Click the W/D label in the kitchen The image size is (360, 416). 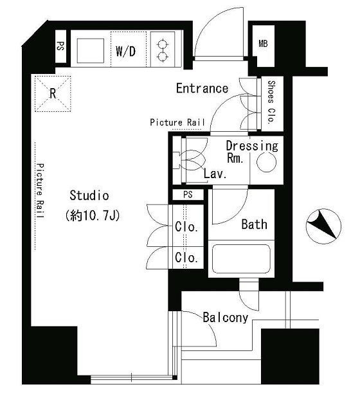(125, 51)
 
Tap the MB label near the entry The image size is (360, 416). (263, 44)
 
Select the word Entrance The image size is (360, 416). (202, 88)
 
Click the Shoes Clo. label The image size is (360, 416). (271, 102)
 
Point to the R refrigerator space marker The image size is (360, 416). (53, 93)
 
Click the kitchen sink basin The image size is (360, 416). (91, 51)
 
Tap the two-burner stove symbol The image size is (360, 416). (163, 50)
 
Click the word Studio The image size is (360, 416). (89, 195)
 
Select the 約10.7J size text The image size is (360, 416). (93, 215)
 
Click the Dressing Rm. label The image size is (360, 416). (252, 152)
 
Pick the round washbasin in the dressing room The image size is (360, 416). (267, 162)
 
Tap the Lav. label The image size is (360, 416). (215, 174)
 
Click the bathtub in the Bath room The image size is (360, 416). (241, 258)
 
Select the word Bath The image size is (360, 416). (254, 224)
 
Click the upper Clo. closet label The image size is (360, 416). (186, 227)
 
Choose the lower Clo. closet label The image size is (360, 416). (186, 257)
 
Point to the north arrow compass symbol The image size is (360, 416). (323, 226)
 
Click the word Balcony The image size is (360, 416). (226, 318)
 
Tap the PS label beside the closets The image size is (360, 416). (188, 194)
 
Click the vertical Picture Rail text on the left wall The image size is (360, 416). (40, 191)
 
